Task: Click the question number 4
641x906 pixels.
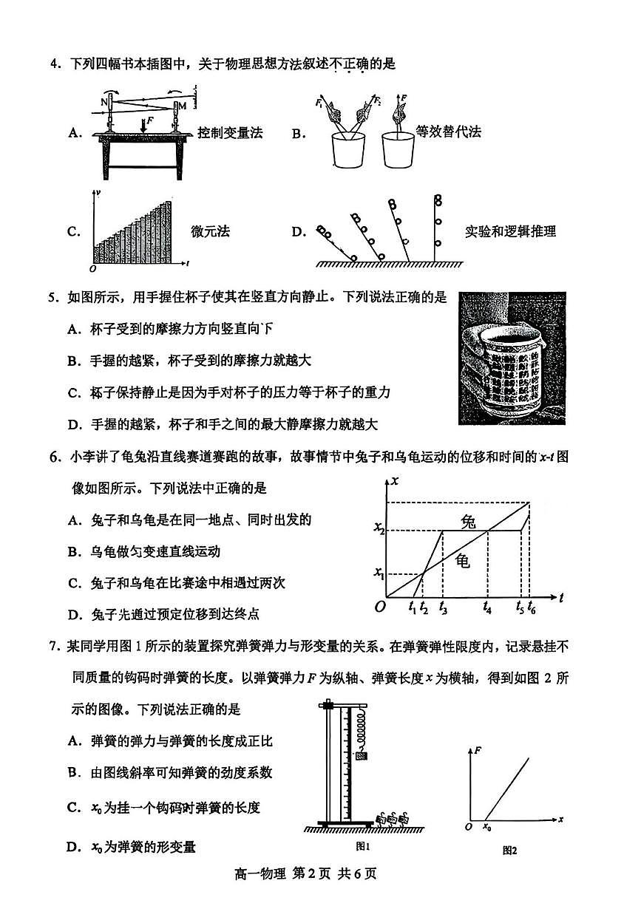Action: coord(54,64)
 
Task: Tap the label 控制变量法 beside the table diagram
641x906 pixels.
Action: coord(230,133)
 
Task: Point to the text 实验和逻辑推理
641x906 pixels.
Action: coord(510,231)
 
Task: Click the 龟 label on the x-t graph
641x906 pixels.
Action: coord(463,560)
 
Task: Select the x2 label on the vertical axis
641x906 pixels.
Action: coord(378,529)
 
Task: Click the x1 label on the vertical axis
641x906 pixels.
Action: coord(378,573)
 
